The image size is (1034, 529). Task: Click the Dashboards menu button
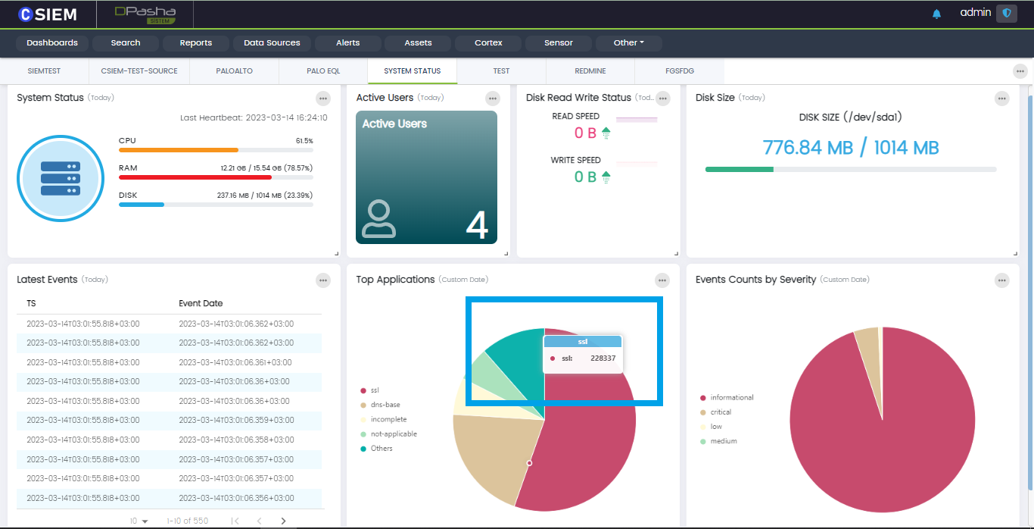click(x=52, y=43)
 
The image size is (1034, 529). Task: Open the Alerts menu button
click(x=348, y=43)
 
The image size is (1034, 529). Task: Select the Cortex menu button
click(x=488, y=43)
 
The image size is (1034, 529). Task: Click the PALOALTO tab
click(x=235, y=71)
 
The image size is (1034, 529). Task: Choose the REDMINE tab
click(x=590, y=71)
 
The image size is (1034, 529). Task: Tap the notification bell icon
click(x=937, y=14)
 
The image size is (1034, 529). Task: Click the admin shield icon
click(x=1007, y=13)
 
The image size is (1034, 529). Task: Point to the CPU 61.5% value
click(x=304, y=141)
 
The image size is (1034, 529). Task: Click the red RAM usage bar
click(x=195, y=177)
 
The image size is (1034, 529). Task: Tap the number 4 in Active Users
click(x=476, y=225)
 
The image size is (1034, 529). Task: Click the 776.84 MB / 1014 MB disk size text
click(x=851, y=148)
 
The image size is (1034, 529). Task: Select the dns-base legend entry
click(x=385, y=405)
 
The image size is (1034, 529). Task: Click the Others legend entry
click(x=381, y=449)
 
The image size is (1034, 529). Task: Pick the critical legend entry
click(x=720, y=412)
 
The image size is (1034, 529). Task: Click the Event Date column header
click(x=201, y=303)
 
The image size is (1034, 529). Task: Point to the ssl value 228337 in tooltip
click(x=603, y=358)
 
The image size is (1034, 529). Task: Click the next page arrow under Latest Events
click(x=284, y=521)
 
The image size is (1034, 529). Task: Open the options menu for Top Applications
click(x=663, y=280)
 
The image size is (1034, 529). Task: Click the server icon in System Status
click(x=60, y=179)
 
